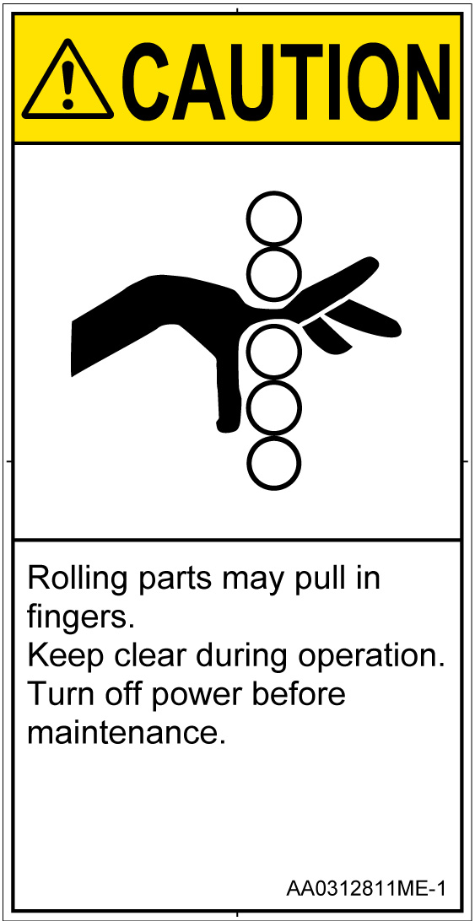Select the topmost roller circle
(x=273, y=218)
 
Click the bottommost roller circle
(x=273, y=462)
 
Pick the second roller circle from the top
(x=273, y=272)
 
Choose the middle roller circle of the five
(x=273, y=351)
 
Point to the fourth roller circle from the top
(x=273, y=407)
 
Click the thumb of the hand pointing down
(x=229, y=394)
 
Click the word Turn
(x=60, y=696)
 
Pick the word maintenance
(x=127, y=733)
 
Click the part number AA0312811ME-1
(x=365, y=888)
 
